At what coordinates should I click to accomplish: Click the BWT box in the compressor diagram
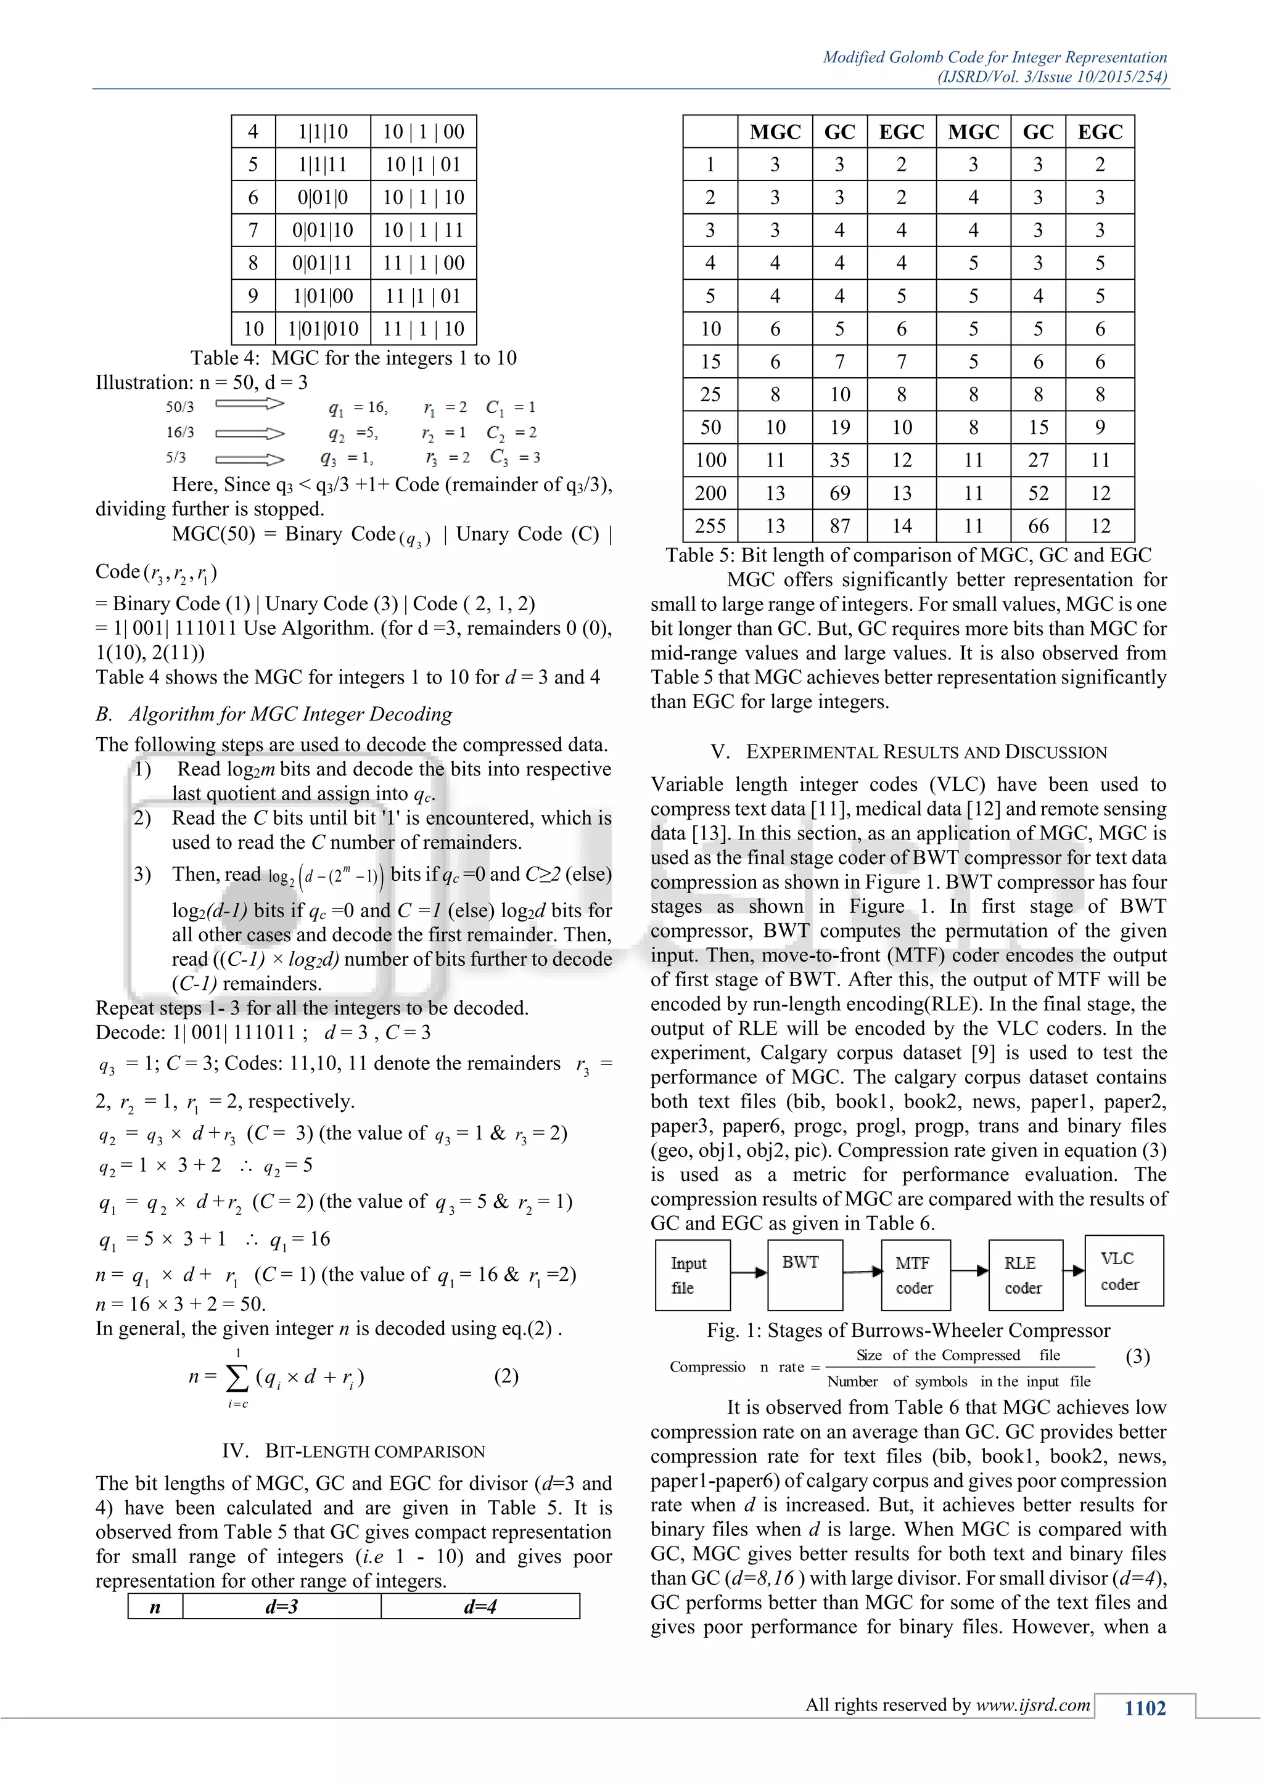804,1275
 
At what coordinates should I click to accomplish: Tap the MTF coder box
915,1276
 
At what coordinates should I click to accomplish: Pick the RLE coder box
1024,1276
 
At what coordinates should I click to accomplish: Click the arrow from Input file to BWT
749,1273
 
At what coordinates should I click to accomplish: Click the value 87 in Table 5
840,526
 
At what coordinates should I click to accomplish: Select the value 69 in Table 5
840,493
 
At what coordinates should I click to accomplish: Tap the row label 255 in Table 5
710,526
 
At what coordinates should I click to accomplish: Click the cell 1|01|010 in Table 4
323,329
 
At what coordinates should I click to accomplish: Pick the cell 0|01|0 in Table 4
323,197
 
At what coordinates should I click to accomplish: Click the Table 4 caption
353,358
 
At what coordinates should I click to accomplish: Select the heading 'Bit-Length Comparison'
353,1452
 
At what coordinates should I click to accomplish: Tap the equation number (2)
506,1377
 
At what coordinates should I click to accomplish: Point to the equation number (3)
1137,1357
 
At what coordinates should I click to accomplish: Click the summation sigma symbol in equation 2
237,1378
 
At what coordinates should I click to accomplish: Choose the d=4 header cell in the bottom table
480,1607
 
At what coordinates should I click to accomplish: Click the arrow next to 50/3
250,404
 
